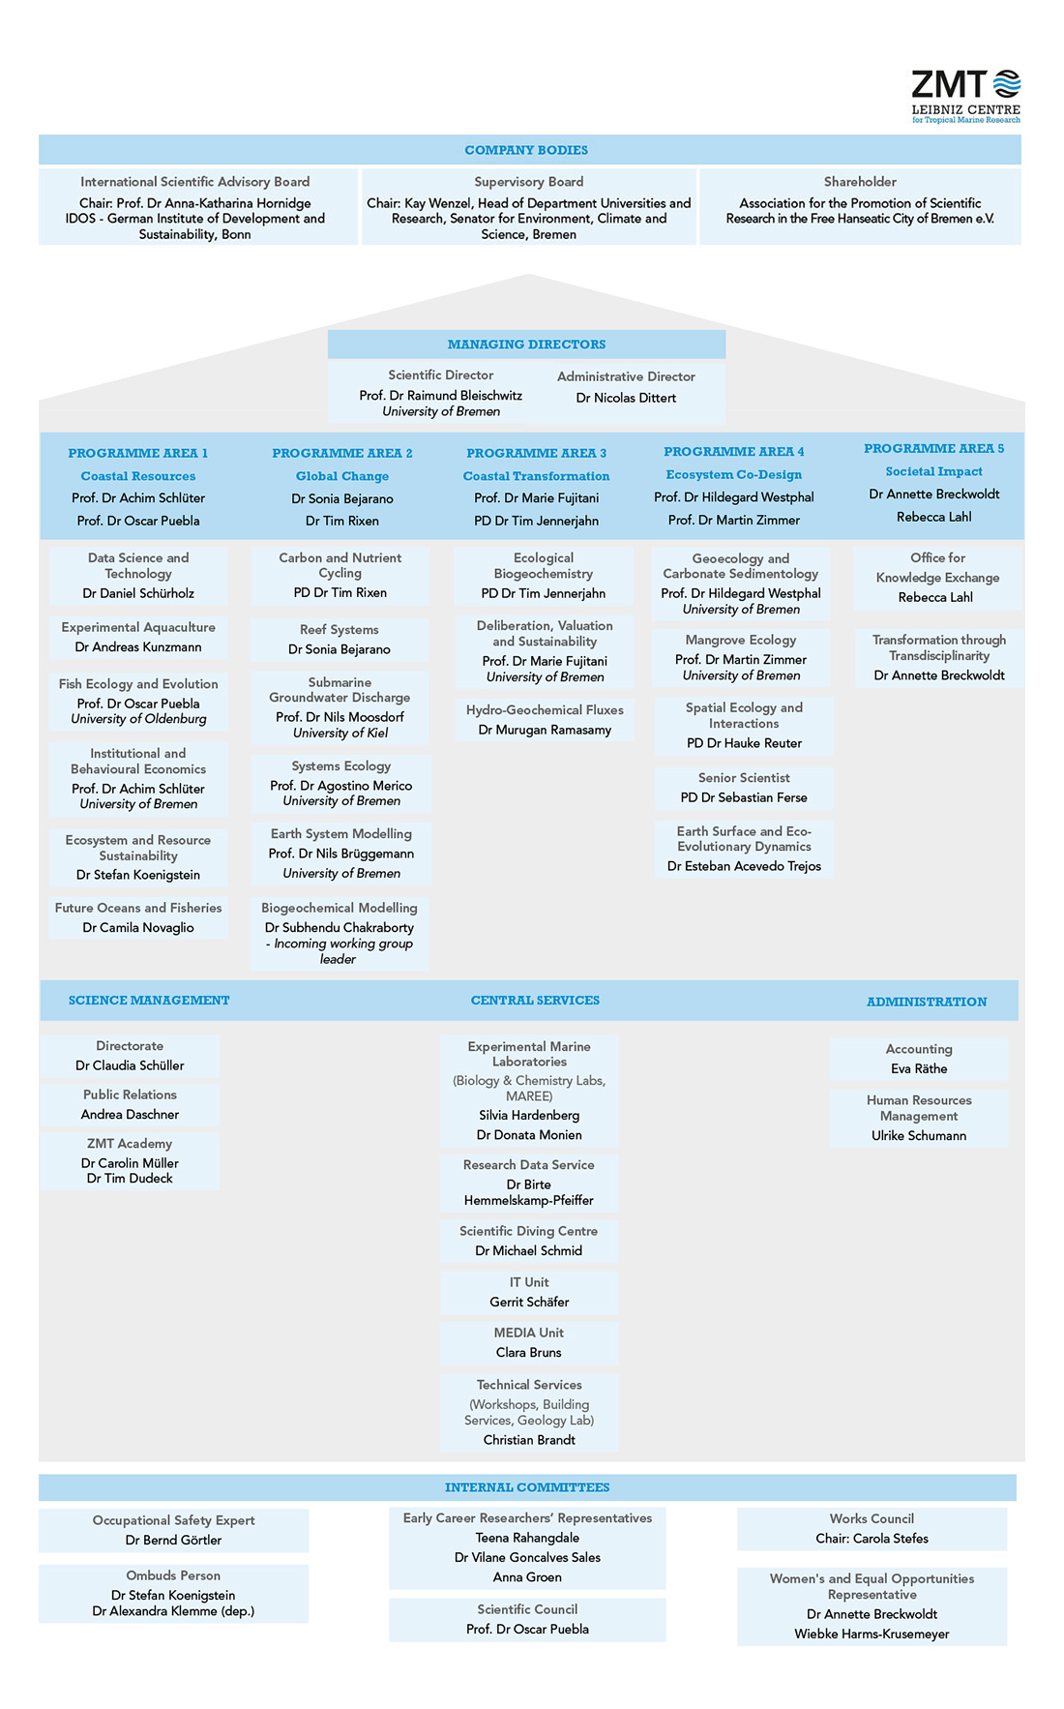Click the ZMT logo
[965, 96]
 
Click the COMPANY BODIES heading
[526, 150]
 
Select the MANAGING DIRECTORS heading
[526, 345]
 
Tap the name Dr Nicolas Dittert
[626, 398]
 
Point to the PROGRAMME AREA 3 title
[536, 453]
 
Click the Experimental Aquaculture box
[138, 637]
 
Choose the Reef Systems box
[340, 640]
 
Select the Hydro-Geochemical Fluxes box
[545, 720]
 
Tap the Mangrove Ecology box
[741, 657]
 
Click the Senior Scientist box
[744, 788]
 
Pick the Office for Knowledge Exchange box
[937, 577]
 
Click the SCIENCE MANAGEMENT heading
[149, 1001]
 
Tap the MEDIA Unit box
[529, 1343]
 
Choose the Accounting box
[919, 1059]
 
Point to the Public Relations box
[130, 1104]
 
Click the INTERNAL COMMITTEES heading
[527, 1487]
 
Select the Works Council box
[872, 1529]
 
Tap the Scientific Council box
[527, 1620]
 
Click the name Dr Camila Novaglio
[138, 928]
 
